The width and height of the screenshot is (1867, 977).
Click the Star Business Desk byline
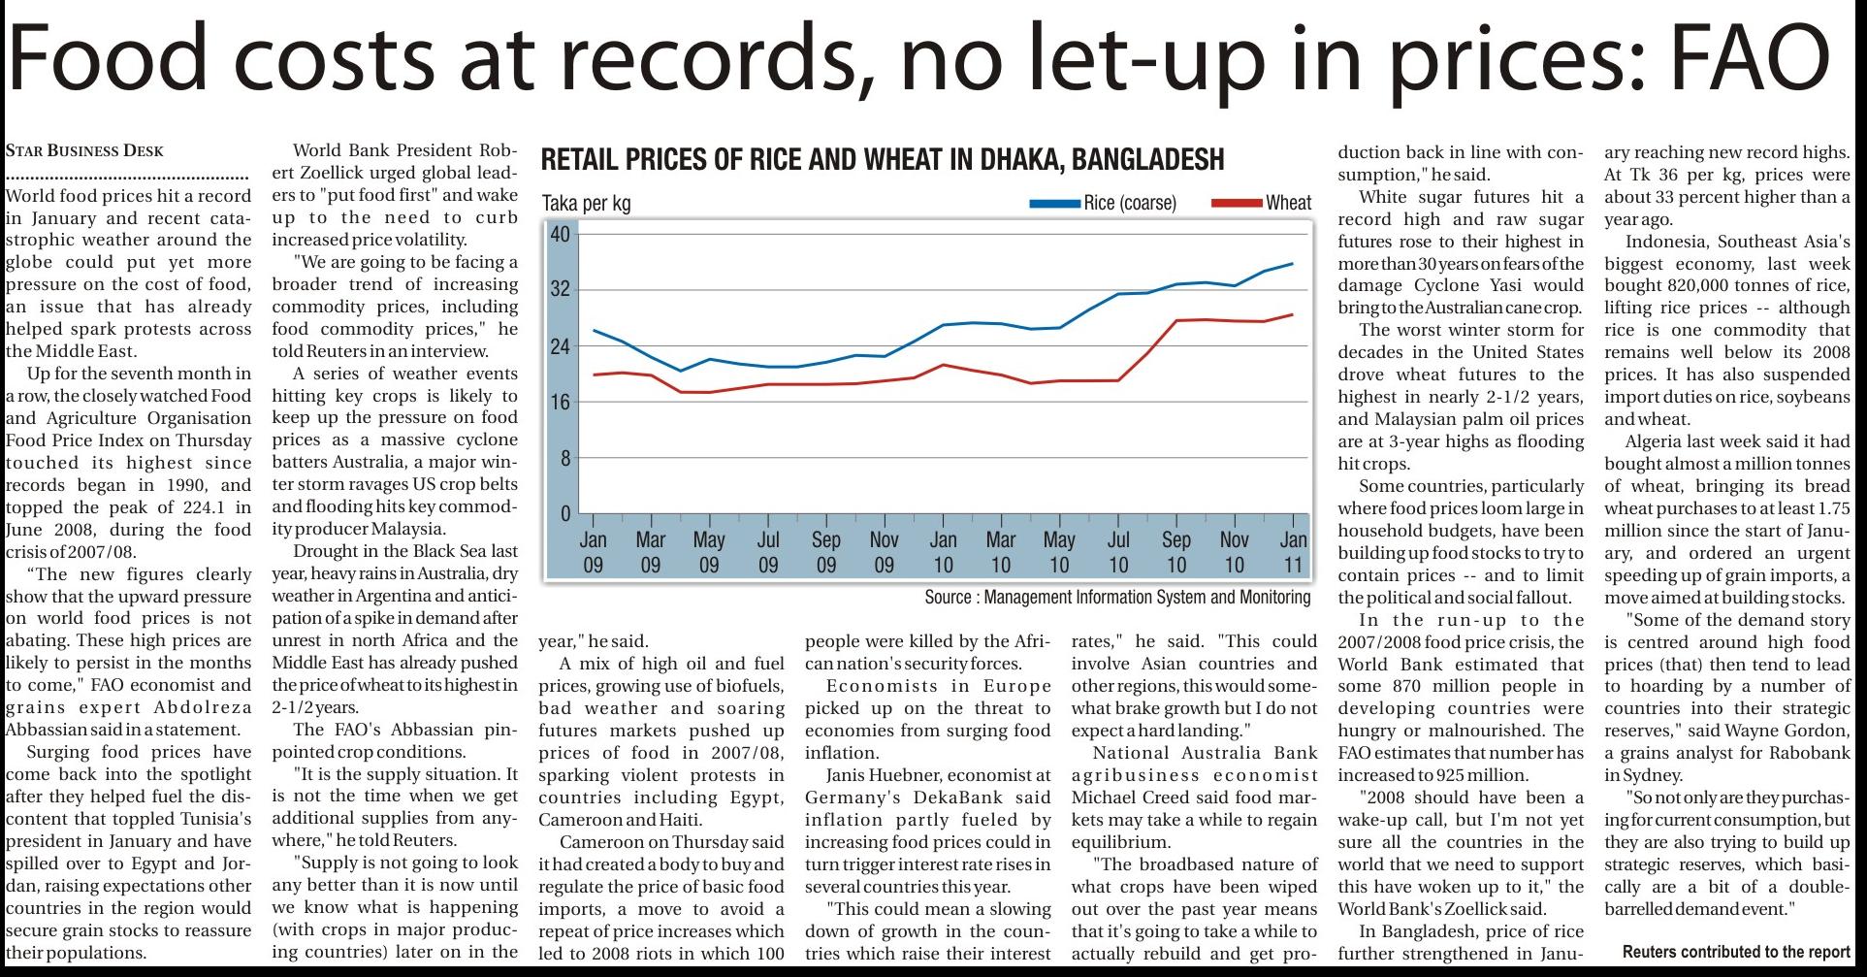(84, 150)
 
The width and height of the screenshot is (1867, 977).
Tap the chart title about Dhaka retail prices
(882, 159)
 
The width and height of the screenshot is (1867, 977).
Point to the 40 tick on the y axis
(561, 234)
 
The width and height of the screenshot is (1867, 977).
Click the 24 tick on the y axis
(561, 346)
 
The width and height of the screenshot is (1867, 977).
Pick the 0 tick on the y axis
(565, 514)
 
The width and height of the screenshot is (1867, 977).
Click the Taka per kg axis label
(586, 203)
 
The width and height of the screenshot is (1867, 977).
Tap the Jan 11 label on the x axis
(1293, 552)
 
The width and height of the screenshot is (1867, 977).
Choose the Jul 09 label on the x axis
(767, 552)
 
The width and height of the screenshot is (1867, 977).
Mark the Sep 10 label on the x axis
(1175, 552)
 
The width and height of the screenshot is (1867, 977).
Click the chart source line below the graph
(1117, 597)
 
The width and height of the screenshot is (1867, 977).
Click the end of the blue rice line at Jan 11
(1292, 263)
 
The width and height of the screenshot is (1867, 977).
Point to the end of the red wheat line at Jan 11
(1292, 314)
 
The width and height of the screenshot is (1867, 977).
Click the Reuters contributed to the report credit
(1736, 952)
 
